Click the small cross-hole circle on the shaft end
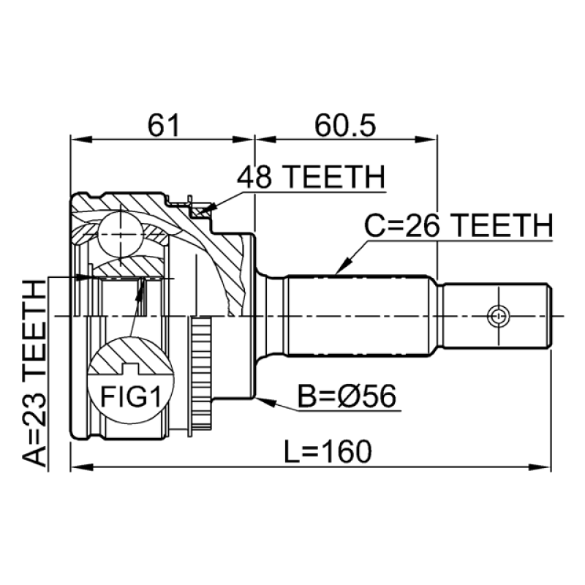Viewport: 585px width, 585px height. point(498,316)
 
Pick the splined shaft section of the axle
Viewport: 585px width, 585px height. point(358,316)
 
